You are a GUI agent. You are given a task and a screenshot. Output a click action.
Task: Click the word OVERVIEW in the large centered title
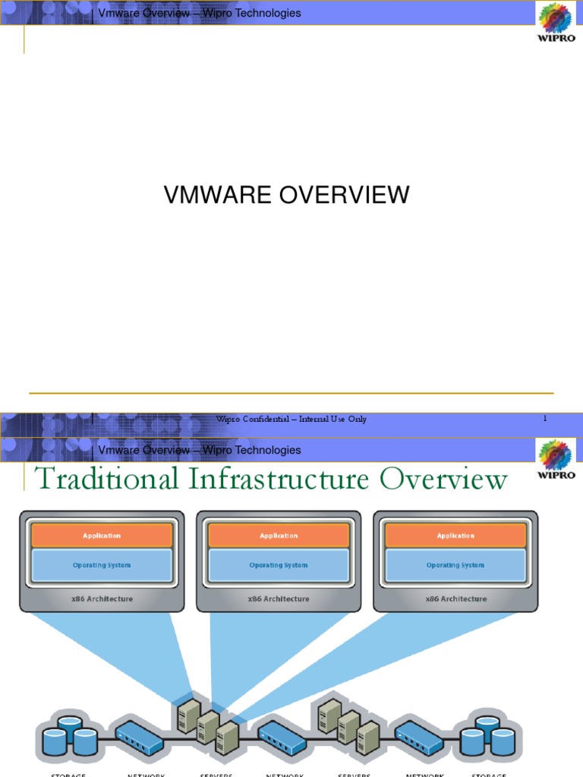(344, 195)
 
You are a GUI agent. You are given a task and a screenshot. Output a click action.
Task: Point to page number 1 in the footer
(544, 418)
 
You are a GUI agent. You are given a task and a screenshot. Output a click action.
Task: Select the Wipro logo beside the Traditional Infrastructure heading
(556, 458)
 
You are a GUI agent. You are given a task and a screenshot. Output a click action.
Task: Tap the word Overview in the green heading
(443, 480)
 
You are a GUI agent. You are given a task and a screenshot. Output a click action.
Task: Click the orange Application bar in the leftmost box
(102, 536)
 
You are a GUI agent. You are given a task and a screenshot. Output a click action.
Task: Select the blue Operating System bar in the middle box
(279, 565)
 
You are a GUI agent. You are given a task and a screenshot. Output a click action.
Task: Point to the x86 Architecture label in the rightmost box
(455, 599)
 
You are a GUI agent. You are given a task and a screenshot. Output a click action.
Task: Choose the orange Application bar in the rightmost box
(455, 536)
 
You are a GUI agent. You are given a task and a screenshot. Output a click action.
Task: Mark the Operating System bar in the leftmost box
(102, 565)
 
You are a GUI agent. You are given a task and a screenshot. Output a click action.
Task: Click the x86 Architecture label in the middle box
(279, 599)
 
